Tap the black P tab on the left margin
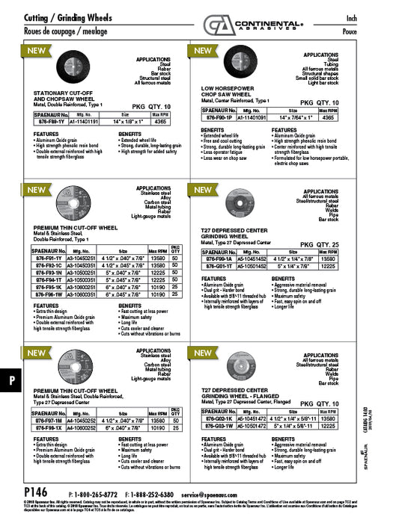click(x=12, y=380)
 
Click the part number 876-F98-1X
click(x=52, y=429)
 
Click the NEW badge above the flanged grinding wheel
click(x=204, y=352)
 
